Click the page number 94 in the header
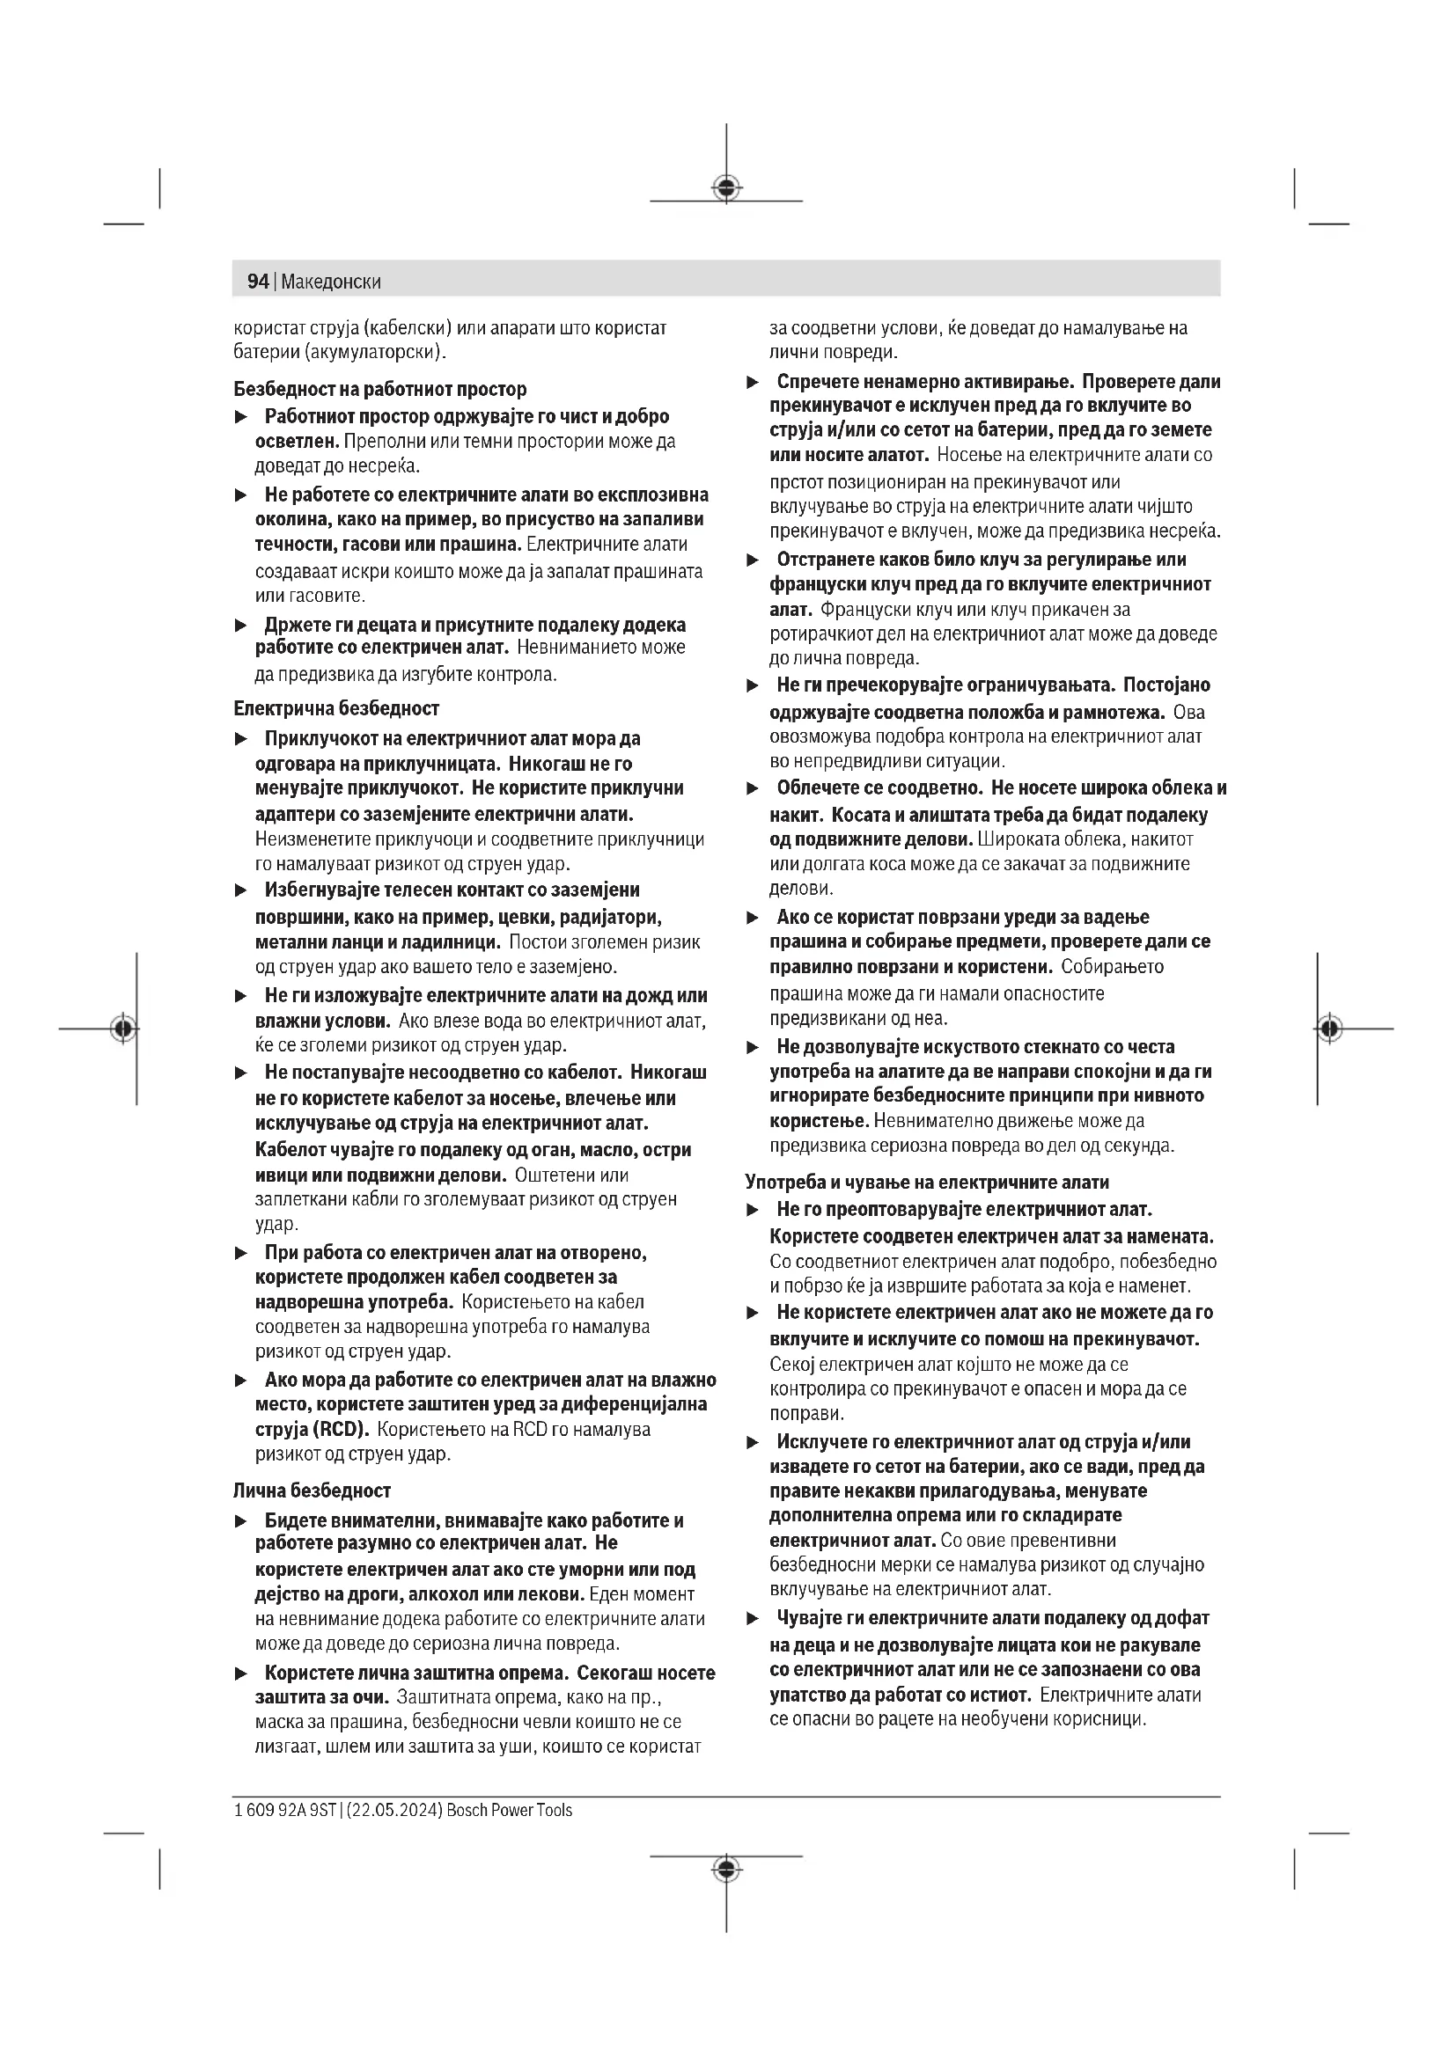click(x=257, y=282)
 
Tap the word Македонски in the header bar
click(x=331, y=282)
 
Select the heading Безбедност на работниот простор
click(x=380, y=389)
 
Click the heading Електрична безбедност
click(x=336, y=708)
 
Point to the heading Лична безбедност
click(x=312, y=1490)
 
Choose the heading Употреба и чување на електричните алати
click(x=927, y=1183)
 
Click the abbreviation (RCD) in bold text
click(x=341, y=1429)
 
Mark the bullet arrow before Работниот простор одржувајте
click(x=240, y=418)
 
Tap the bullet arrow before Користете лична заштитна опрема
click(x=240, y=1673)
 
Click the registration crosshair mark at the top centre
click(x=726, y=187)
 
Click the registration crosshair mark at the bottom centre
click(x=726, y=1869)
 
